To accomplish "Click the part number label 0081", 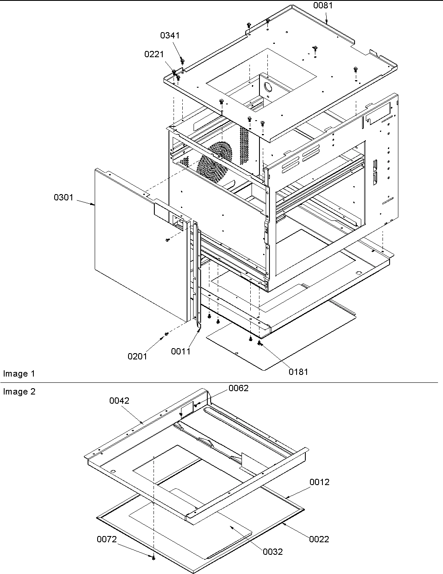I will pos(323,5).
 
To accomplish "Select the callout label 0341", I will pos(170,35).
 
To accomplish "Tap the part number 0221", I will pos(154,54).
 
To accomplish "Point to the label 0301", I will pos(63,197).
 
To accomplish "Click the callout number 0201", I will pos(137,356).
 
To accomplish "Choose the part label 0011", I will pos(181,351).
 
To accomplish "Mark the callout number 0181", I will pos(298,371).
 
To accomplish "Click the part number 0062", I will pos(238,388).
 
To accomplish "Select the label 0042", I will pos(119,401).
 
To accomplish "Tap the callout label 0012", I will pos(320,482).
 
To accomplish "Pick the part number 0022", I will pos(319,539).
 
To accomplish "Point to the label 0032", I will pos(273,552).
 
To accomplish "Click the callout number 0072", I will pos(107,539).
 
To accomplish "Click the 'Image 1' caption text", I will pos(19,374).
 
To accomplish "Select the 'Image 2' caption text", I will pos(19,392).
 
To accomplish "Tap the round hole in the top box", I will pos(267,86).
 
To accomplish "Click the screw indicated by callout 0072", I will pos(154,558).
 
